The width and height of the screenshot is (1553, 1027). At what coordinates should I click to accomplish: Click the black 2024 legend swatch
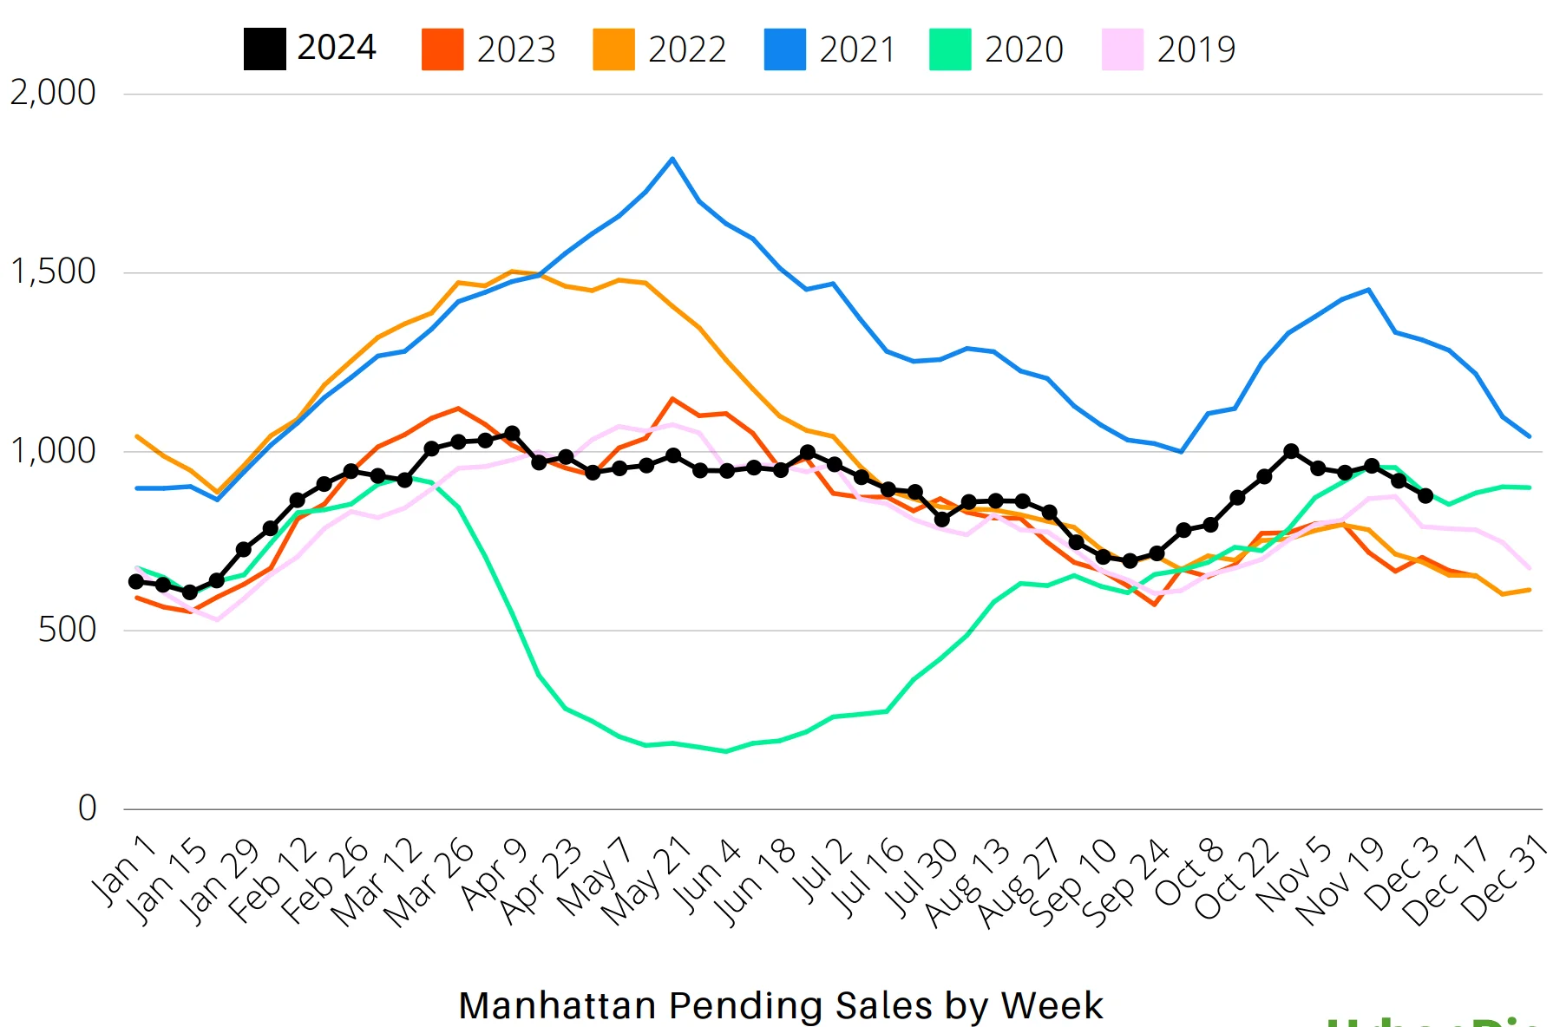click(x=265, y=49)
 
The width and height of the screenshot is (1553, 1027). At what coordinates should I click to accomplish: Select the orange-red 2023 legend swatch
click(x=442, y=49)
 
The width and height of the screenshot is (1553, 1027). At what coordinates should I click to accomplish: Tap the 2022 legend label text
click(x=686, y=49)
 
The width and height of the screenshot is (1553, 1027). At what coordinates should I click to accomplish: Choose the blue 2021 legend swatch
click(x=784, y=49)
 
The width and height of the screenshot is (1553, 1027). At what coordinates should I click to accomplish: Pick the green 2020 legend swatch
click(x=950, y=49)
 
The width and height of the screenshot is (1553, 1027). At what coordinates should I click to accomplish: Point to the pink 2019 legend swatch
click(x=1123, y=49)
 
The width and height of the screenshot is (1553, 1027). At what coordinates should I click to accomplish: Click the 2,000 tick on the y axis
click(x=53, y=93)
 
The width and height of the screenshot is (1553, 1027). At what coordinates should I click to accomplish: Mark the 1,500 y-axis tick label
click(x=53, y=271)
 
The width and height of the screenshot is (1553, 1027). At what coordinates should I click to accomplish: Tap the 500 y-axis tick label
click(x=67, y=630)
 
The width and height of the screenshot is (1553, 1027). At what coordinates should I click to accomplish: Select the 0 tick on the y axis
click(x=87, y=808)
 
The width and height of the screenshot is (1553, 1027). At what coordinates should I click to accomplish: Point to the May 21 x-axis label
click(x=645, y=880)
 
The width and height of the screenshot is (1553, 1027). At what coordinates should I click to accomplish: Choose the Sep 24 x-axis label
click(x=1125, y=883)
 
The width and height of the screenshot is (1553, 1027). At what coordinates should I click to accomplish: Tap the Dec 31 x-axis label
click(x=1504, y=878)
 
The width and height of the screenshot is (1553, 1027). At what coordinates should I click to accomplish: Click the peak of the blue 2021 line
click(x=672, y=159)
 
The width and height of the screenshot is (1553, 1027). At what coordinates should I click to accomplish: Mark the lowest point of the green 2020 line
click(x=726, y=751)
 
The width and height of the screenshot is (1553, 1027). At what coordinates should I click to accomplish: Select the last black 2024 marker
click(x=1425, y=495)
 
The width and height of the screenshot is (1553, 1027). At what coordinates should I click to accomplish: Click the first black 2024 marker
click(x=136, y=581)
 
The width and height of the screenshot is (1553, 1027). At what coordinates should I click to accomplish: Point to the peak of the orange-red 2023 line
click(x=672, y=399)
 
